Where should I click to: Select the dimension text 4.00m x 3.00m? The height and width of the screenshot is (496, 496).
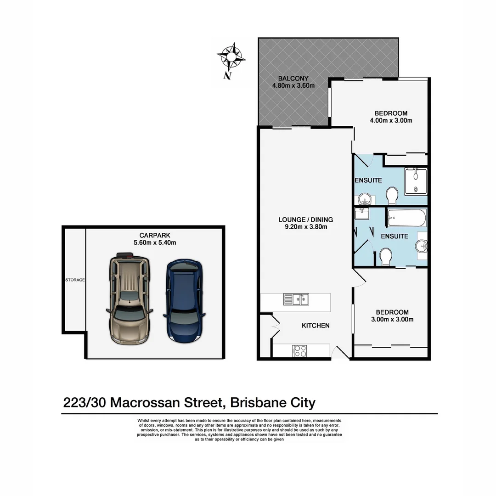(391, 121)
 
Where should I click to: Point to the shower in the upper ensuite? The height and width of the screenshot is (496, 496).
(416, 181)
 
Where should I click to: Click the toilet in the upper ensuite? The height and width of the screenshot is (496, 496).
(392, 196)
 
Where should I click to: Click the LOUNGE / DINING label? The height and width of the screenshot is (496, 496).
(305, 219)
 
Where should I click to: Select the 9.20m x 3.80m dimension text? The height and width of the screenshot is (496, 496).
(305, 226)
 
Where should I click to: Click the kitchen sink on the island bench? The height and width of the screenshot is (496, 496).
(296, 300)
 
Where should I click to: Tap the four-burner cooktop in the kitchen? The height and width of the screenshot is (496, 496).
(299, 350)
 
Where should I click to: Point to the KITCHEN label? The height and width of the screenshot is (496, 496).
(316, 326)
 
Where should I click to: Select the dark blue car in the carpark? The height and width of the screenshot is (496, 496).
(183, 300)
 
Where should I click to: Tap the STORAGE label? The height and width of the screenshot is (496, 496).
(74, 280)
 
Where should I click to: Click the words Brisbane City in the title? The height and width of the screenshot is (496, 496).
(273, 403)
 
